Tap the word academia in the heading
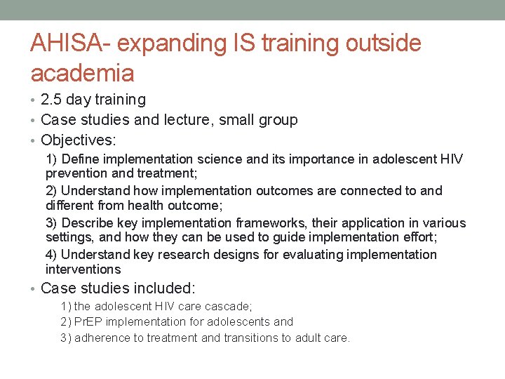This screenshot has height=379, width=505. coord(82,72)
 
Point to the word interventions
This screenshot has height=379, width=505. coord(83,270)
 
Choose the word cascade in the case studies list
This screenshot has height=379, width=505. coord(228,306)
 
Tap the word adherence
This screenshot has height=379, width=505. coord(102,338)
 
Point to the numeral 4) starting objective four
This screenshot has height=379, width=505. coord(51,255)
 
